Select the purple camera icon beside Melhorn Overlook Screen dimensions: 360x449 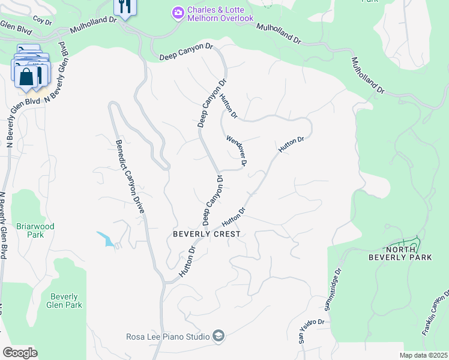coord(178,11)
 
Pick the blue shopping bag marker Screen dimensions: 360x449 coord(26,77)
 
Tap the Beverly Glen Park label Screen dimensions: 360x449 coord(65,301)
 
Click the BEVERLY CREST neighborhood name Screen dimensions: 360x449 coord(206,234)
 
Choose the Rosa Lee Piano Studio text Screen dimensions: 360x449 coord(167,337)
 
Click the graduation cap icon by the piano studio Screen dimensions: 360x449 coord(218,336)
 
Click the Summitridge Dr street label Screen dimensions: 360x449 coord(333,290)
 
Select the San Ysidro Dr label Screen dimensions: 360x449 coord(312,331)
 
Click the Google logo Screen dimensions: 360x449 coord(20,352)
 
